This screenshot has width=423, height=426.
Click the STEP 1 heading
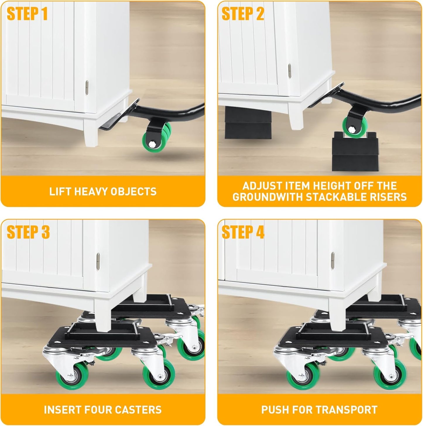tap(27, 14)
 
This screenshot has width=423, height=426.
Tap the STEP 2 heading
tap(243, 14)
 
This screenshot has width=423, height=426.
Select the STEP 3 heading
tap(28, 232)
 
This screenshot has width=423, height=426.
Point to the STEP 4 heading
tap(243, 232)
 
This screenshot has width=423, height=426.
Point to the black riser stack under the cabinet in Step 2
tap(248, 123)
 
